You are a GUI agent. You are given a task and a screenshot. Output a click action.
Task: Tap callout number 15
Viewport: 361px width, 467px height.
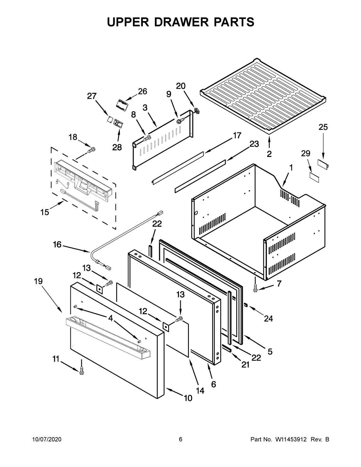click(x=45, y=212)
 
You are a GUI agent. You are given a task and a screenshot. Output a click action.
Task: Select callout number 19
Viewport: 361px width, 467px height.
click(x=38, y=281)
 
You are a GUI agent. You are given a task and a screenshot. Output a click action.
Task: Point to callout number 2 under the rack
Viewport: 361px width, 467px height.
click(x=269, y=154)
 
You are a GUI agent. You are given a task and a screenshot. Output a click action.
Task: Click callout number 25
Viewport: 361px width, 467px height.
click(x=323, y=127)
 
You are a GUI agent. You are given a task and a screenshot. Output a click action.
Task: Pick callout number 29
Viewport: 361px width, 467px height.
click(x=306, y=154)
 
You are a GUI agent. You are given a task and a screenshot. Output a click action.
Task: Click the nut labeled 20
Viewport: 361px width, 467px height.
click(x=197, y=111)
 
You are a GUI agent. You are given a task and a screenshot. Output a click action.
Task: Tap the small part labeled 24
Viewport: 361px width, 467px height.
click(x=245, y=306)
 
